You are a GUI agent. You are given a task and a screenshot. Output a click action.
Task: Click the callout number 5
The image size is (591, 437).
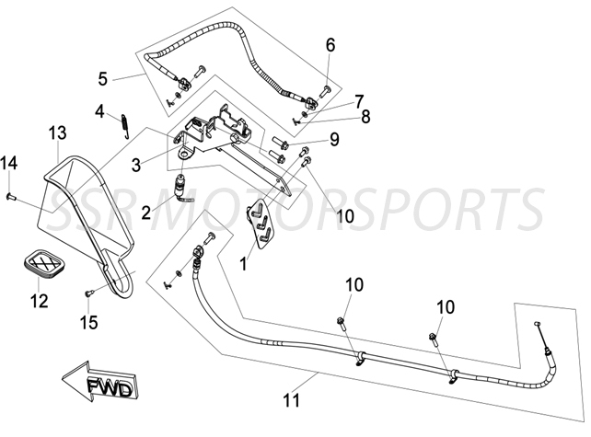[x=103, y=78]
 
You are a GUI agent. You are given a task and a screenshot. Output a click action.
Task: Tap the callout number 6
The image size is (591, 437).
[x=330, y=44]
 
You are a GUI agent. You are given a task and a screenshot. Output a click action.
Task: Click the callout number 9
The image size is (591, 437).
[x=334, y=140]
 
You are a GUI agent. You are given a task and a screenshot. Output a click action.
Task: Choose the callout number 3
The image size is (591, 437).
[x=136, y=165]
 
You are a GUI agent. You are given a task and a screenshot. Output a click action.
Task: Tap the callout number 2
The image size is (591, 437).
[x=145, y=213]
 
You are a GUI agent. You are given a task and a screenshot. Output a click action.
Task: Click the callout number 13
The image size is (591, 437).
[x=57, y=134]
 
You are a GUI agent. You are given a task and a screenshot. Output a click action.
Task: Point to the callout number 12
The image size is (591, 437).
[x=39, y=299]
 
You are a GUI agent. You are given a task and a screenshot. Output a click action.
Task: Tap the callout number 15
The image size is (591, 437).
[x=89, y=321]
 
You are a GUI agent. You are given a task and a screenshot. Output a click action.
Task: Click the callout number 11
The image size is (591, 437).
[x=292, y=400]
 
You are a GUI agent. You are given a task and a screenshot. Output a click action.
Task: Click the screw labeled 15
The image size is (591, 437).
[x=89, y=293]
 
